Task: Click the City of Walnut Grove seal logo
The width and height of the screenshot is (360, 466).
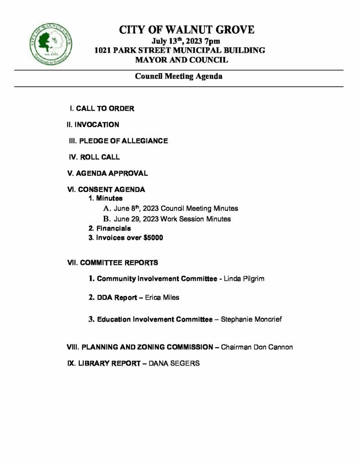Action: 50,45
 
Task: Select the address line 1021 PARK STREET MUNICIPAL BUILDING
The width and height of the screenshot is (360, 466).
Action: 179,51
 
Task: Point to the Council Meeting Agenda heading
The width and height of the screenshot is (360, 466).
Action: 178,76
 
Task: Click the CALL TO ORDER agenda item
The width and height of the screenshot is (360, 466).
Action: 102,109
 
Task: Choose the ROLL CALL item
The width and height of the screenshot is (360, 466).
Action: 94,157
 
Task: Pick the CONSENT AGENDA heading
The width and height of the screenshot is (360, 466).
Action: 106,190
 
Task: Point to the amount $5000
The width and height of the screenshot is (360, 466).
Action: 153,238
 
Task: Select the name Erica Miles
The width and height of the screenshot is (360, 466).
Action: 162,298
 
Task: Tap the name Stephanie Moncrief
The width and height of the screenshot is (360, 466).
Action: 251,319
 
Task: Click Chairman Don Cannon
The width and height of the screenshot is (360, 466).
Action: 257,347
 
